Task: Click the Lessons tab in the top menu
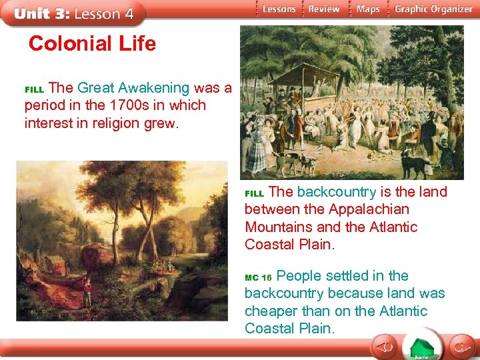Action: pos(278,9)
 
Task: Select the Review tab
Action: pos(324,9)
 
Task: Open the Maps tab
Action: pos(367,9)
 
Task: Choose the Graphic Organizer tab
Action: pos(433,9)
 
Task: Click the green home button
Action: pos(421,347)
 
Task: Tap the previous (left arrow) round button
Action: pos(385,347)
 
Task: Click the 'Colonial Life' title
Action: pos(92,44)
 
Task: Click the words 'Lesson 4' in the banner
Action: pos(104,13)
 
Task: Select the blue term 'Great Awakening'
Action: pos(133,88)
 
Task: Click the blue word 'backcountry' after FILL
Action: pos(336,192)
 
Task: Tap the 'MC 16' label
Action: pos(259,277)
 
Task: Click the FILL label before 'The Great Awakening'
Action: pos(33,89)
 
